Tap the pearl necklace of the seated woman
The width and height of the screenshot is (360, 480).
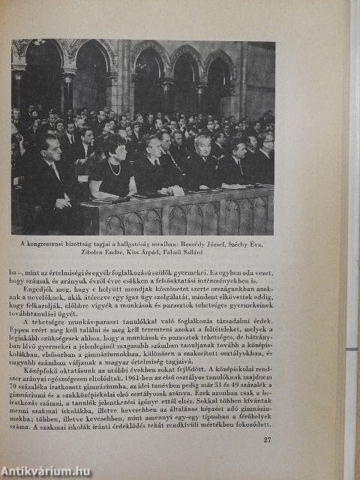tap(114, 167)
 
